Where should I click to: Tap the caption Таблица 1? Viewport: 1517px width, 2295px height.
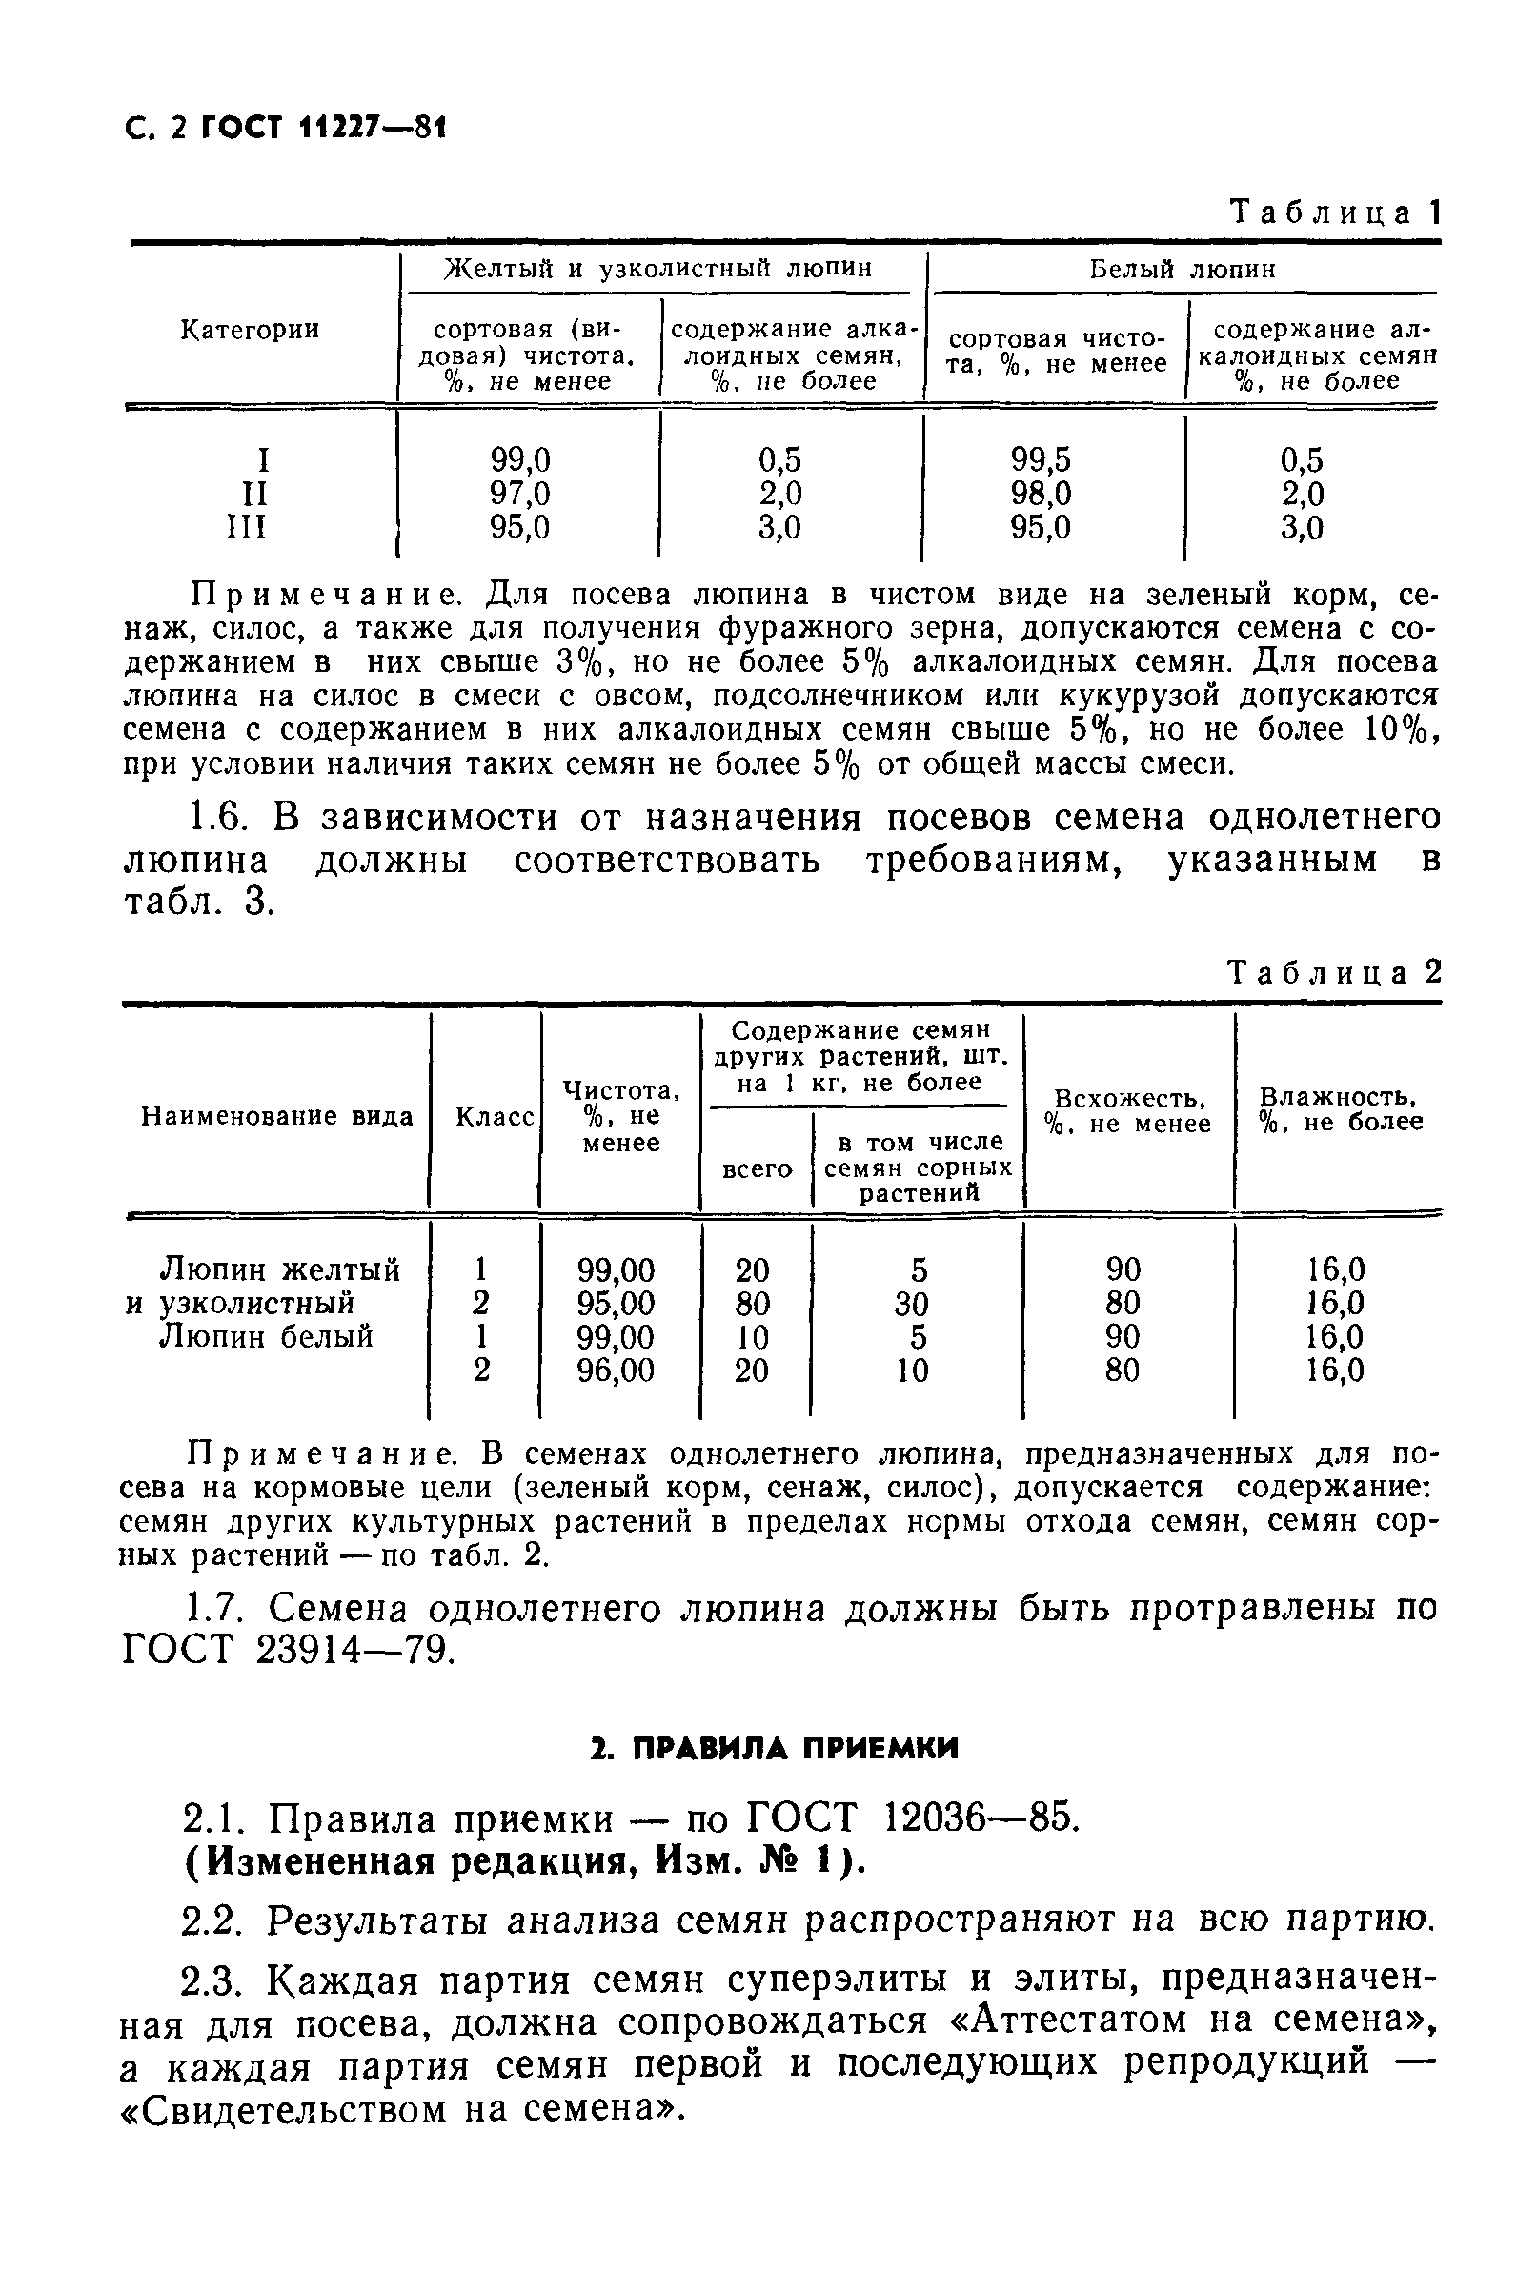(x=1334, y=212)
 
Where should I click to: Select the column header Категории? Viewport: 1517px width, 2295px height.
(x=250, y=330)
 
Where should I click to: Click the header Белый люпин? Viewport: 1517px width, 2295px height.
(x=1183, y=269)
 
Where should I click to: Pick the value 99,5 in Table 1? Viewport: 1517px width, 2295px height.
(x=1041, y=459)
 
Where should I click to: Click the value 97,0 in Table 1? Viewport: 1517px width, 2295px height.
(x=519, y=494)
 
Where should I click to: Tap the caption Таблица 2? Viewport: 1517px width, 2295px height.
(x=1334, y=971)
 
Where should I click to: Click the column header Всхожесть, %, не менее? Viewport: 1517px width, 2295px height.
(x=1128, y=1110)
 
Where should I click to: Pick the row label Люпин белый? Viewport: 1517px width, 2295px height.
(x=266, y=1336)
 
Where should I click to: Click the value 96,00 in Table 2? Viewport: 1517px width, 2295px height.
(x=616, y=1370)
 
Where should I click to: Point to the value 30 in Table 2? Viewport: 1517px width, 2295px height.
(x=911, y=1303)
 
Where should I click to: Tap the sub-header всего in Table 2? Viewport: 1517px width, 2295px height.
(x=758, y=1168)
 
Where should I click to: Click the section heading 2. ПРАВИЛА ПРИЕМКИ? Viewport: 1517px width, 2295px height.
(x=774, y=1747)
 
